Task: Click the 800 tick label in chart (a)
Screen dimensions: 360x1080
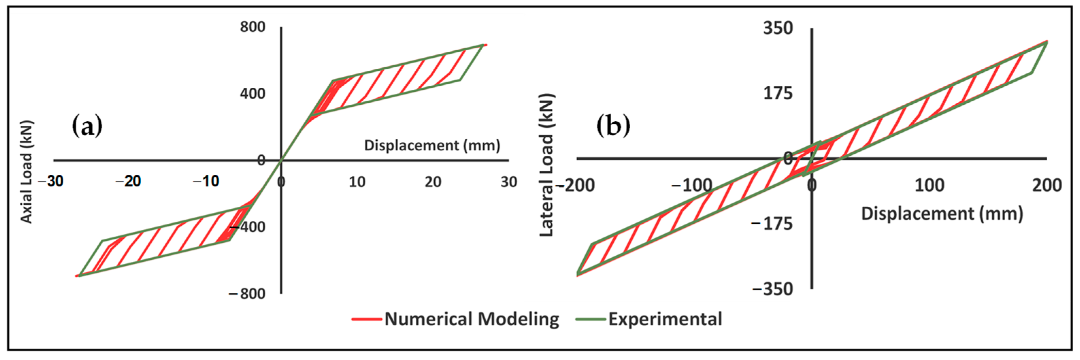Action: pyautogui.click(x=252, y=27)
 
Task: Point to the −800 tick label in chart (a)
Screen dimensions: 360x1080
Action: pyautogui.click(x=247, y=294)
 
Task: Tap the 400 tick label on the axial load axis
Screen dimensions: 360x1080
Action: pyautogui.click(x=252, y=93)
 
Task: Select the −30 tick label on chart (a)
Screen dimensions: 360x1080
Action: pyautogui.click(x=51, y=182)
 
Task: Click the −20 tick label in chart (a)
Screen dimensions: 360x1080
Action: pyautogui.click(x=128, y=182)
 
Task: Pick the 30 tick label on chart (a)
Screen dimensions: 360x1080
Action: pyautogui.click(x=509, y=182)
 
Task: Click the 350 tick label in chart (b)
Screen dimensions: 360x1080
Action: pyautogui.click(x=778, y=29)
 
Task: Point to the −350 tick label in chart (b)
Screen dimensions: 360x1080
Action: pyautogui.click(x=773, y=289)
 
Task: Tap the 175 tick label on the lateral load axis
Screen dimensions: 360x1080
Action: pyautogui.click(x=778, y=93)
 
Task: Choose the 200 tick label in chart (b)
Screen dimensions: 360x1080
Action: pyautogui.click(x=1047, y=185)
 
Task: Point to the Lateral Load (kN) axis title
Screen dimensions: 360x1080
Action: pyautogui.click(x=546, y=166)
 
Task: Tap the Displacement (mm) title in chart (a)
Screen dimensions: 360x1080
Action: pyautogui.click(x=432, y=145)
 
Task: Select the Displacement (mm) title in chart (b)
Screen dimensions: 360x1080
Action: pyautogui.click(x=942, y=214)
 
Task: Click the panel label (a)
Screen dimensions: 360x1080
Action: pyautogui.click(x=87, y=125)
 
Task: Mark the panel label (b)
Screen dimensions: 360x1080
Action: pyautogui.click(x=613, y=125)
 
